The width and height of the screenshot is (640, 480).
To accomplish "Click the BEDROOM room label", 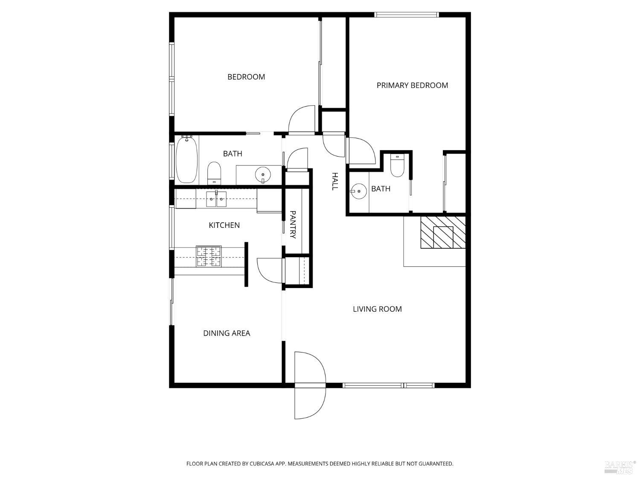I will coord(246,77).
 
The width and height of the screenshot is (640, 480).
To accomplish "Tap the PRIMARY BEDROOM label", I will coord(412,85).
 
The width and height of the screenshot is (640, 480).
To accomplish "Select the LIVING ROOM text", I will coord(377,309).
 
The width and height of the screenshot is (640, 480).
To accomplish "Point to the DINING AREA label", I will coord(227,333).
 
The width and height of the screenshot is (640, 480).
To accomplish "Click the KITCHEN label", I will coord(224,225).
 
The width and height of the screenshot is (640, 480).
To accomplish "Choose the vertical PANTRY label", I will coord(293,224).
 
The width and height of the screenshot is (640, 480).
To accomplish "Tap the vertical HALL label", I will coord(335,181).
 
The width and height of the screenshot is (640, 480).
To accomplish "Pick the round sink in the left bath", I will coord(262,175).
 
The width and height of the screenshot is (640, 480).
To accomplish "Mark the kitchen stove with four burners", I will coord(209,256).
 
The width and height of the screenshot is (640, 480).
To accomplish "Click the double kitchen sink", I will coord(216,199).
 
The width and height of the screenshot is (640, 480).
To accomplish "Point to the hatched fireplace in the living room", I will coord(443,233).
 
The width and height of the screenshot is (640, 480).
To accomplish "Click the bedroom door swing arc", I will coord(302,120).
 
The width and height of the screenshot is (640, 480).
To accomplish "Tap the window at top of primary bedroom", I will coord(407,15).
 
